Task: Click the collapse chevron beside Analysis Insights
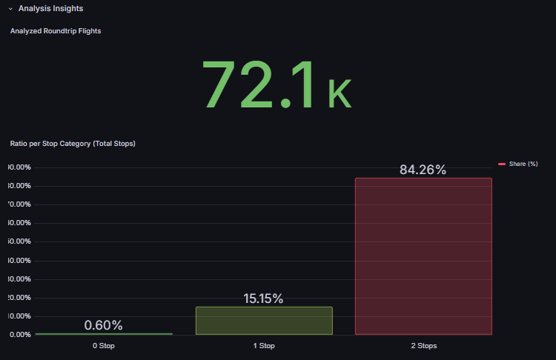10,9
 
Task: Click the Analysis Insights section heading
50,9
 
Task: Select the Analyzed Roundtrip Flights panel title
56,31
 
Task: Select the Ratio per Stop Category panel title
73,143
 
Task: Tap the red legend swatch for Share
502,164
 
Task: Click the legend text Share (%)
523,164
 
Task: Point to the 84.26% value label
423,170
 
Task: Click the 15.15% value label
263,299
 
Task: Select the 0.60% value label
103,325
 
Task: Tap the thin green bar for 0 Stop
103,334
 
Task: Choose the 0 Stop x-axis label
103,346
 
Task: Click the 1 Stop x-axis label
263,346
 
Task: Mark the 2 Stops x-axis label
423,346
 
